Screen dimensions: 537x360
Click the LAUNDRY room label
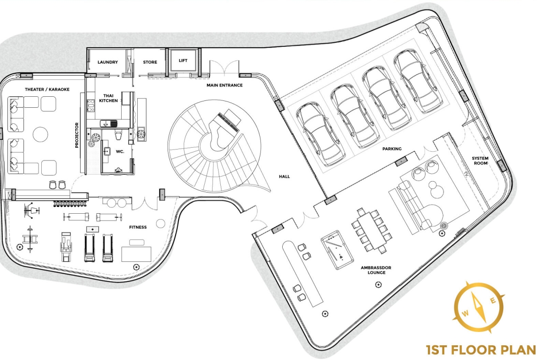(x=107, y=62)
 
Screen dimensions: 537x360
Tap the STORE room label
(x=150, y=62)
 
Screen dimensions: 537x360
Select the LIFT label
(x=183, y=61)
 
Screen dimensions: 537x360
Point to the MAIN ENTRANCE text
(x=224, y=85)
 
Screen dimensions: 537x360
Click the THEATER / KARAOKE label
(x=47, y=89)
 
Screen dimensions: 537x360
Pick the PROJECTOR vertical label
(x=77, y=135)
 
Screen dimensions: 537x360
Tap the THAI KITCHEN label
(x=109, y=98)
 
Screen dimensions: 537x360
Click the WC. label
(x=120, y=152)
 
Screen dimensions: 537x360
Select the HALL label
(x=284, y=177)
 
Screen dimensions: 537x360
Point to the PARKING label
(x=392, y=149)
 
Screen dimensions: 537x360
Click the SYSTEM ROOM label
(x=480, y=161)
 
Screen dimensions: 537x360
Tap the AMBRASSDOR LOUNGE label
(x=376, y=270)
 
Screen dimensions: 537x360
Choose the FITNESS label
(x=138, y=227)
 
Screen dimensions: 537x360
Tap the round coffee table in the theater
(x=40, y=134)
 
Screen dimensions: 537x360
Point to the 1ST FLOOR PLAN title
(x=481, y=350)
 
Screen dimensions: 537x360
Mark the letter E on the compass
(x=493, y=301)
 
